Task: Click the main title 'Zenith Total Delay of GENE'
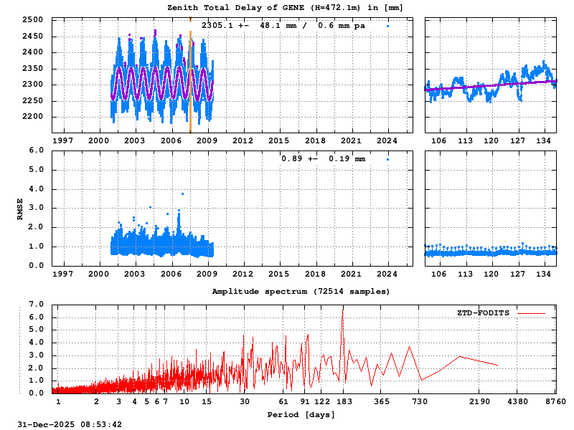[285, 8]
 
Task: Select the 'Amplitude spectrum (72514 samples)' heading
[301, 292]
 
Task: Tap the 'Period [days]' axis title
[301, 414]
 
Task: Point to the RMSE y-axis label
[20, 208]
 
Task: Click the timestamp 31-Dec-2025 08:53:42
[70, 424]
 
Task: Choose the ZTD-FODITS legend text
[483, 313]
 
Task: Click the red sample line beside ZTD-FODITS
[531, 313]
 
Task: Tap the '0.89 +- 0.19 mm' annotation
[323, 158]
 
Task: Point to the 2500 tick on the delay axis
[32, 20]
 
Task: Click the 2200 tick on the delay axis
[32, 117]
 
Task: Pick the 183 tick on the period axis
[343, 402]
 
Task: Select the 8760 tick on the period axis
[555, 402]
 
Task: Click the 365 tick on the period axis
[382, 402]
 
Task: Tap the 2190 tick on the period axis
[479, 402]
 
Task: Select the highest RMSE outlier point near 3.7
[182, 193]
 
